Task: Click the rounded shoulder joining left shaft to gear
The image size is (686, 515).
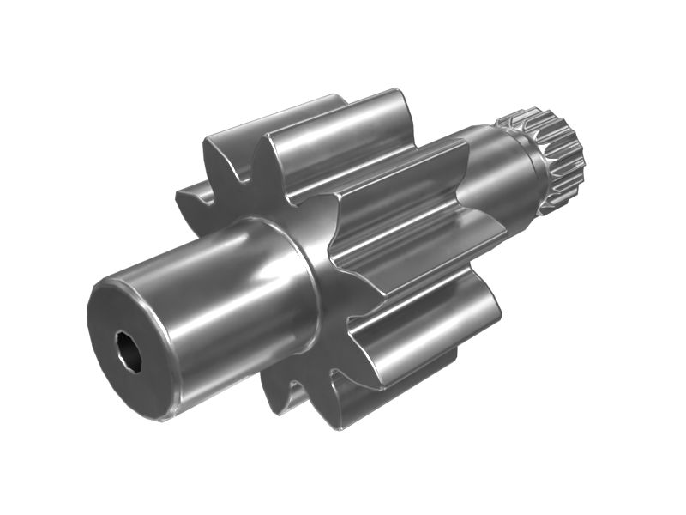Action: (296, 257)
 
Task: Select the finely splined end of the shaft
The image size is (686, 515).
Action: (562, 154)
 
